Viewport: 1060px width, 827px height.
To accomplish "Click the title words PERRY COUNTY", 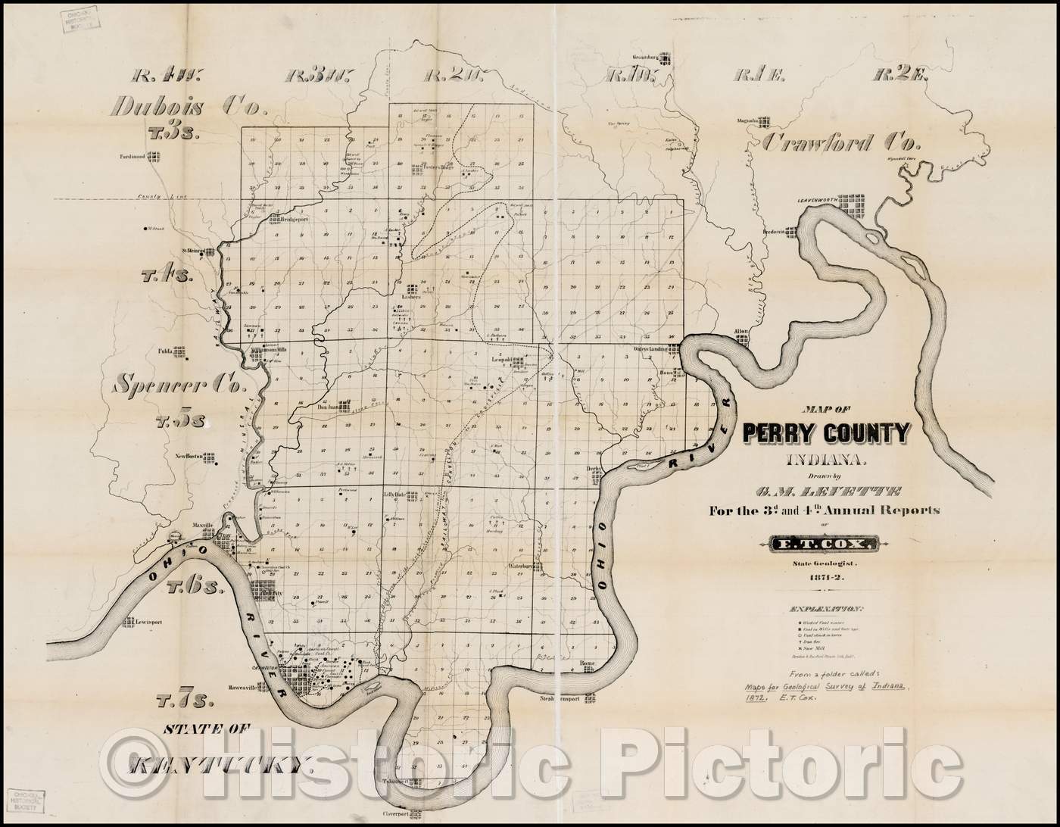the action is pyautogui.click(x=827, y=432).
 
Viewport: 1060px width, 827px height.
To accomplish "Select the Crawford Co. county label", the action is pyautogui.click(x=840, y=142).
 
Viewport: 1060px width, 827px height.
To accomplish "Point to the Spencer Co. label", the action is pyautogui.click(x=179, y=385).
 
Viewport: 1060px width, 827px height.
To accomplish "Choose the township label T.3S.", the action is pyautogui.click(x=174, y=133).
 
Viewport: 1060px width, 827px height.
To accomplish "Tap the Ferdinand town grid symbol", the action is pyautogui.click(x=156, y=158).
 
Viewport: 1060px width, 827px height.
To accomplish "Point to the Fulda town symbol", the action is pyautogui.click(x=179, y=351).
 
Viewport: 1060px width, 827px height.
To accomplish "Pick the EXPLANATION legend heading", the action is pyautogui.click(x=826, y=609).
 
